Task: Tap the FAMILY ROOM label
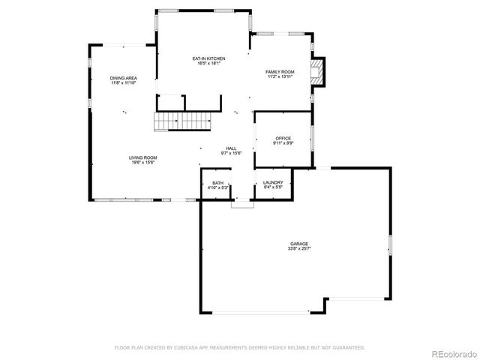click(280, 72)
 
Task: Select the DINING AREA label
click(123, 78)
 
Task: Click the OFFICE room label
click(283, 138)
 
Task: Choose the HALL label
click(231, 148)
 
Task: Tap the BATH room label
click(217, 183)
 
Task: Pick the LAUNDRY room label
click(272, 183)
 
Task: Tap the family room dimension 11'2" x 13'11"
click(280, 77)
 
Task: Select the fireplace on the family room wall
click(320, 73)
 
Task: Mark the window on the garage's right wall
click(390, 246)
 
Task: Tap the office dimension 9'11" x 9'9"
click(283, 143)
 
